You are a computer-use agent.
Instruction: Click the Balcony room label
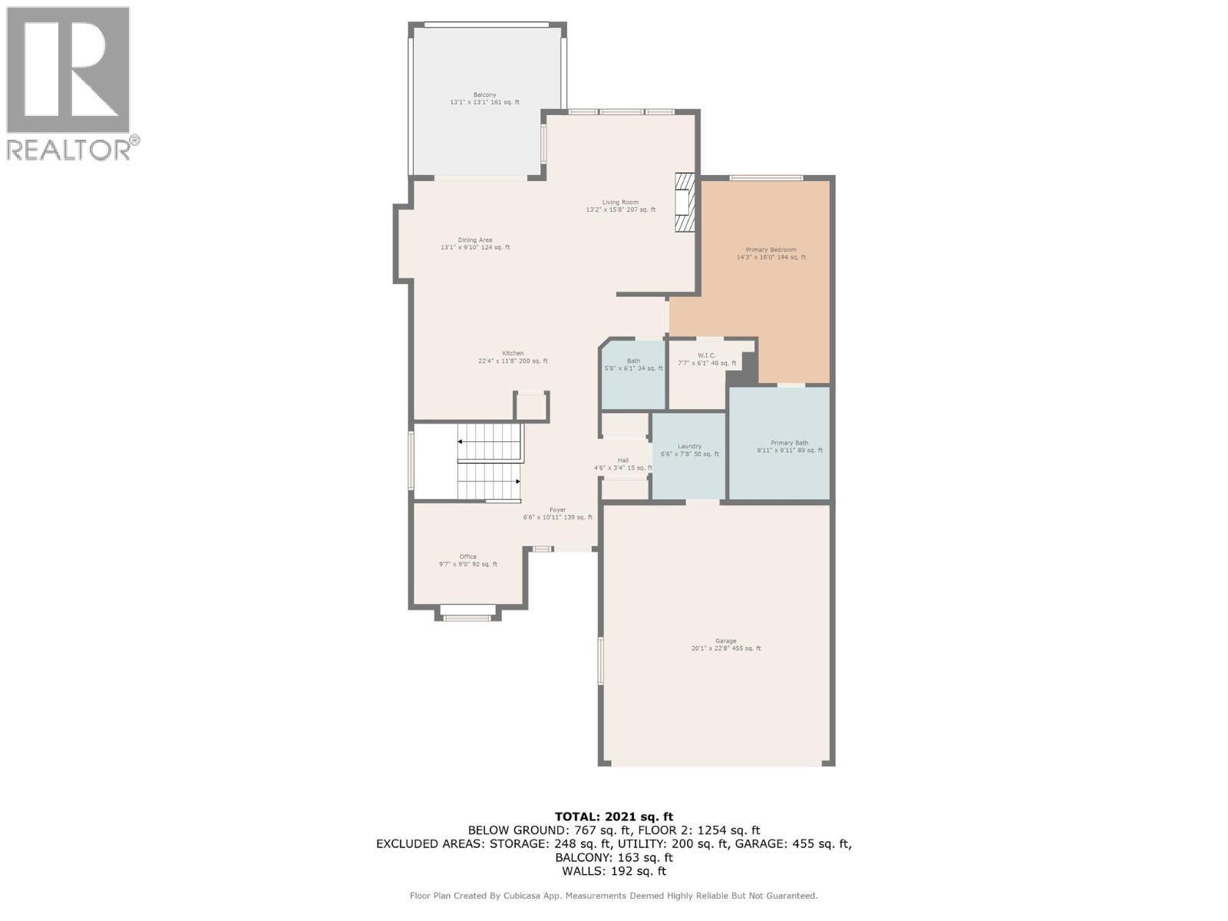484,95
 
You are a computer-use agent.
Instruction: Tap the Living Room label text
620,203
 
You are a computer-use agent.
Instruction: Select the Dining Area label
475,240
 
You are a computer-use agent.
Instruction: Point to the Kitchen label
513,354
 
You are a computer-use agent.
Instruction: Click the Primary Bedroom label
771,250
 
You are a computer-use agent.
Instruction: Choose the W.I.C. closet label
707,355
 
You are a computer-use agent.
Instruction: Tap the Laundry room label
689,447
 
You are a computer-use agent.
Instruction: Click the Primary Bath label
789,444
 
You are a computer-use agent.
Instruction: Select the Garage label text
725,642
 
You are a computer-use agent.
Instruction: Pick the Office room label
468,557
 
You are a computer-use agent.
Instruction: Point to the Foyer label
557,510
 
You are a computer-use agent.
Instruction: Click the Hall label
622,460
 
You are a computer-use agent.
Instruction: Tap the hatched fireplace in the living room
684,203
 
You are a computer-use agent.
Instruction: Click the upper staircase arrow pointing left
460,442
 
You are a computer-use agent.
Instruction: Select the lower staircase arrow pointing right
518,481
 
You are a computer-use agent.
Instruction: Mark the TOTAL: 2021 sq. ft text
613,817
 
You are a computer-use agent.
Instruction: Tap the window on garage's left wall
601,660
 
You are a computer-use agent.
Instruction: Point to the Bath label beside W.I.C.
633,361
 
